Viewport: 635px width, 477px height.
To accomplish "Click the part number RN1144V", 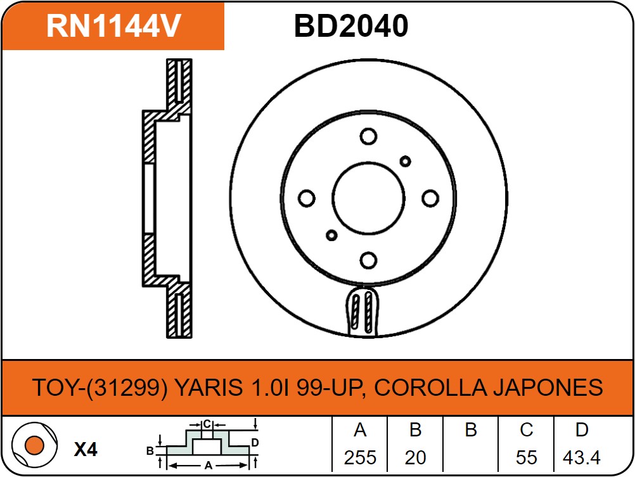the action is tap(113, 26).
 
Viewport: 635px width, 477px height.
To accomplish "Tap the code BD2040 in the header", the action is tap(351, 26).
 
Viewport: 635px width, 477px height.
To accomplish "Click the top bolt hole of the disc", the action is tap(369, 136).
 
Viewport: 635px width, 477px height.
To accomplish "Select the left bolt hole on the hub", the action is tap(307, 199).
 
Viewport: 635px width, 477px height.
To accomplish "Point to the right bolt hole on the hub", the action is tap(430, 199).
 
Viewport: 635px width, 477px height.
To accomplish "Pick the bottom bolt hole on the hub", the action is tap(369, 260).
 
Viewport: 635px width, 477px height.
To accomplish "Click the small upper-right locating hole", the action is tap(405, 161).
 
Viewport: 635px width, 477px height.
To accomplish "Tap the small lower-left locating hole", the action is tap(331, 235).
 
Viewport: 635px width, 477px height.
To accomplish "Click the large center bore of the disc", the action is tap(369, 199).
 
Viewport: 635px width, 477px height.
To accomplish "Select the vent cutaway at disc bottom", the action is tap(363, 311).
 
